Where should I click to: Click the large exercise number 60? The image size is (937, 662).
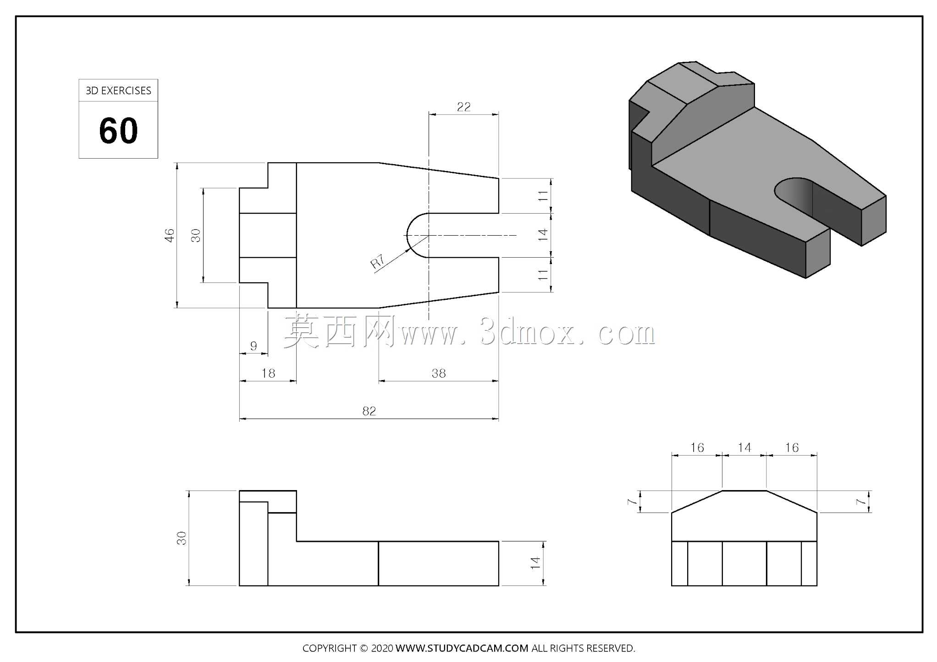[118, 131]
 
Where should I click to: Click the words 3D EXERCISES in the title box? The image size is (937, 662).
[118, 91]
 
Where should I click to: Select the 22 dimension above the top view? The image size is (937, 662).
[463, 107]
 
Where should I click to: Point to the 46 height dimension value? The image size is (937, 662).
[170, 235]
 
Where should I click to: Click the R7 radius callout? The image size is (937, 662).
[377, 261]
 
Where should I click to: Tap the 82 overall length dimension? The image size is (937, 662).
[369, 411]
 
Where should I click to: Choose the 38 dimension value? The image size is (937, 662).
[439, 373]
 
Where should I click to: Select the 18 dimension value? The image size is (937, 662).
[268, 373]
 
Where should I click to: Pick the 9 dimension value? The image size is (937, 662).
[254, 346]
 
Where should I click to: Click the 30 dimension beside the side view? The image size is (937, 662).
[182, 538]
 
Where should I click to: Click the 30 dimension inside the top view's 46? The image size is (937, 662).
[196, 235]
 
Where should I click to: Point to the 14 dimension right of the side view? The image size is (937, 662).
[535, 563]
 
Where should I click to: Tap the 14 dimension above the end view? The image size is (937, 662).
[744, 447]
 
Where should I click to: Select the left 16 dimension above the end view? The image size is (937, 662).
[697, 447]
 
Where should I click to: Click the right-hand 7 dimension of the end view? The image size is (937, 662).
[860, 502]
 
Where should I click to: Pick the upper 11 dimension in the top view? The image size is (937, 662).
[543, 196]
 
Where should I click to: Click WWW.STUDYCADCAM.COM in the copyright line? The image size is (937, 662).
[462, 648]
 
